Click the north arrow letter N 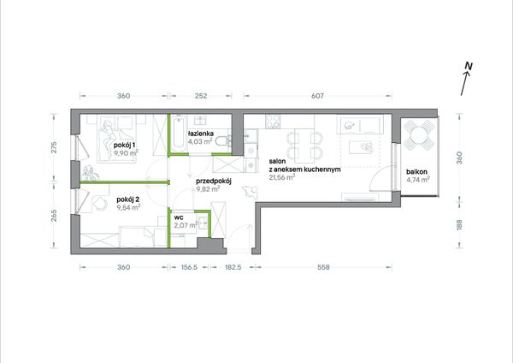(x=469, y=66)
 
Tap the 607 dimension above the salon (x=317, y=96)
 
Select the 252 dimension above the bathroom (x=201, y=96)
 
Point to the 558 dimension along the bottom (x=323, y=267)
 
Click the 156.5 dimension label (x=189, y=267)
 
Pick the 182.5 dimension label (x=233, y=267)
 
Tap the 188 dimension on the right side (x=459, y=225)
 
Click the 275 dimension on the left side (x=54, y=147)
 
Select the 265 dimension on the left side (x=54, y=215)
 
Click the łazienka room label (x=201, y=134)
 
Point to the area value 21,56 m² (x=282, y=177)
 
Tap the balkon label (x=417, y=172)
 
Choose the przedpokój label (x=214, y=181)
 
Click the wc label (x=179, y=217)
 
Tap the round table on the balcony (x=419, y=134)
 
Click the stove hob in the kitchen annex (x=273, y=122)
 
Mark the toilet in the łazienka (x=224, y=141)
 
